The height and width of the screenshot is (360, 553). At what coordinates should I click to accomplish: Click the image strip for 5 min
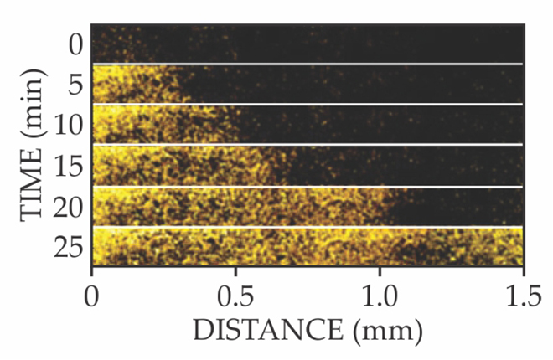tap(307, 85)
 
